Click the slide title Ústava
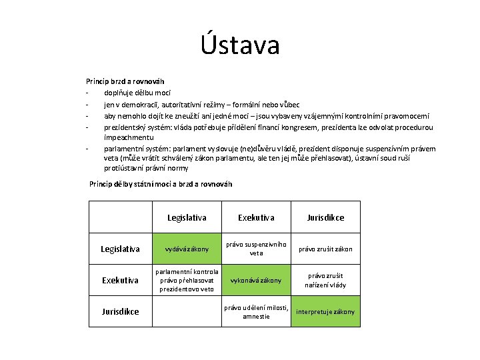(240, 45)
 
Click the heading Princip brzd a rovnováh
(125, 81)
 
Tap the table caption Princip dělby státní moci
(161, 184)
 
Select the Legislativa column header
(187, 217)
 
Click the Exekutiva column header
(256, 217)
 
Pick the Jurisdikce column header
(325, 217)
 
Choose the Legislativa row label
(120, 249)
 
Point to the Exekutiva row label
(120, 280)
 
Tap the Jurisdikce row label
(120, 311)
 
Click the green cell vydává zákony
(187, 249)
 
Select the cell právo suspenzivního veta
(256, 249)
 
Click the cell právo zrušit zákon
(325, 249)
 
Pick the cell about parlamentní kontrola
(187, 280)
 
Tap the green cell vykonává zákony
(256, 280)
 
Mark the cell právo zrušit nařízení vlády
(325, 280)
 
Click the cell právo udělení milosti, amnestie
(256, 311)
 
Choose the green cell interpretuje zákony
(325, 311)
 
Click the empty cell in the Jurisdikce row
(187, 311)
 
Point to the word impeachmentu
(131, 137)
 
